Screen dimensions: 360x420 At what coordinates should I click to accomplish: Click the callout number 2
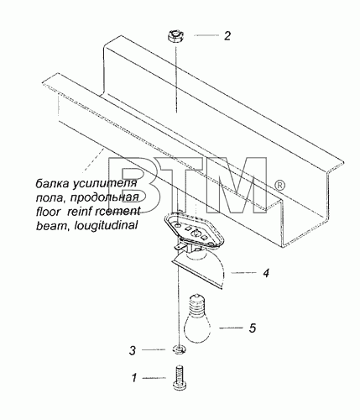tap(227, 36)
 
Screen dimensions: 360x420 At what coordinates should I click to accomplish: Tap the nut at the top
tap(175, 38)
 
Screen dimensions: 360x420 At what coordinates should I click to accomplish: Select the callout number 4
tap(266, 273)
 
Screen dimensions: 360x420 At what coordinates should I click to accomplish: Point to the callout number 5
tap(253, 328)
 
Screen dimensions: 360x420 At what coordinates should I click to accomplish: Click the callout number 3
tap(133, 350)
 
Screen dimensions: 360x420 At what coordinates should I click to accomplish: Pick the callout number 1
tap(134, 378)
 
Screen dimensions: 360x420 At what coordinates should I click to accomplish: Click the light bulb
tap(197, 318)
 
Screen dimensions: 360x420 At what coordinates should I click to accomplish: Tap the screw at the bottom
tap(179, 377)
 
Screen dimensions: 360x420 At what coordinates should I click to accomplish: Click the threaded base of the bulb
tap(197, 303)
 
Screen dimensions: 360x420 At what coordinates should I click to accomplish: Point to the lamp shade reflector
tap(199, 270)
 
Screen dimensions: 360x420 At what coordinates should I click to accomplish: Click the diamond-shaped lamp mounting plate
tap(194, 231)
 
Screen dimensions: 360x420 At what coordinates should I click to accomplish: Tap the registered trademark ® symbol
tap(279, 185)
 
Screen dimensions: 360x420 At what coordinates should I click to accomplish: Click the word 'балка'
tap(53, 183)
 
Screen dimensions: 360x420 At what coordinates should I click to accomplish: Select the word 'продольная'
tap(104, 197)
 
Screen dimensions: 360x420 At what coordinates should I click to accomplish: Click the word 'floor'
tap(48, 211)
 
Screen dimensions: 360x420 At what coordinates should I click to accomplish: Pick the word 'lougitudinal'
tap(106, 225)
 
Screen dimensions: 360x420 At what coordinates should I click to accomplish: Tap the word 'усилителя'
tap(105, 184)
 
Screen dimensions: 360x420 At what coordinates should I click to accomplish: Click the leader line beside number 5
tap(231, 328)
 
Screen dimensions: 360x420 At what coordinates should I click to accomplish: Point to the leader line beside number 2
tap(206, 35)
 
